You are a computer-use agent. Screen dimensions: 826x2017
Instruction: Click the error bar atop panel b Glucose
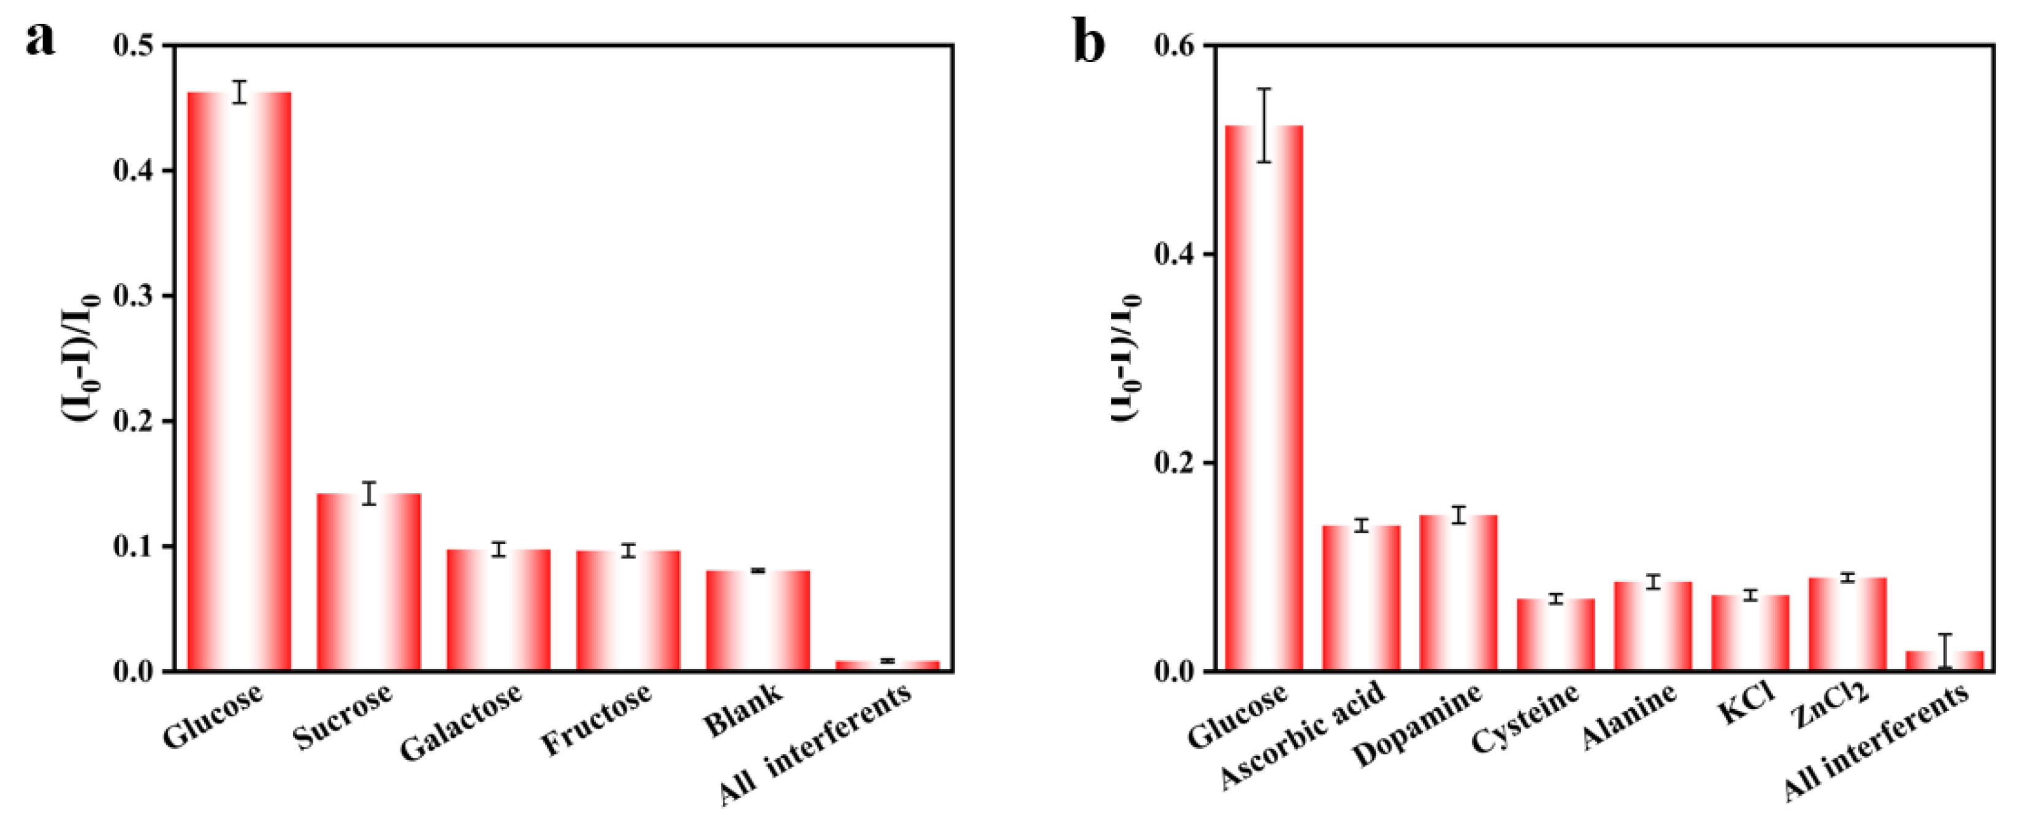1264,125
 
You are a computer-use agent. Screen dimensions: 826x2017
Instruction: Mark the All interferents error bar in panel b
1945,651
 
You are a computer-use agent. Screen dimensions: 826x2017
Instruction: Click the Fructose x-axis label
597,718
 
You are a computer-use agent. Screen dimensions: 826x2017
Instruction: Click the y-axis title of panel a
84,358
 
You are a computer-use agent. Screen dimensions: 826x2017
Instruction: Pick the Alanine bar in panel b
1653,626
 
